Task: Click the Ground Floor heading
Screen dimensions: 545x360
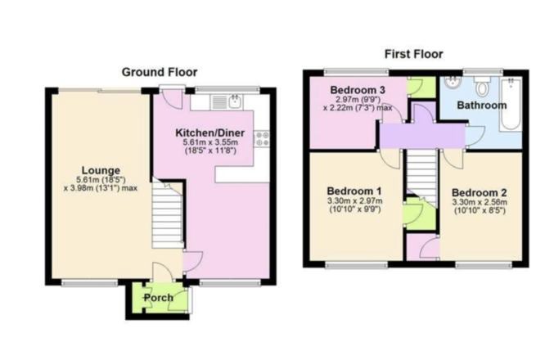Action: coord(160,72)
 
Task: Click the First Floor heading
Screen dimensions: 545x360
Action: coord(413,54)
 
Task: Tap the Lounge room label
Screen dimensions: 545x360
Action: coord(101,170)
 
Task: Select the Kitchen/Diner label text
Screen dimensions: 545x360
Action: coord(210,133)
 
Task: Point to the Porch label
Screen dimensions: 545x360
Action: coord(159,298)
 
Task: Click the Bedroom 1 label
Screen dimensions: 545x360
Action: coord(354,191)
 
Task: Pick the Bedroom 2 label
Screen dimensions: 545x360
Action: coord(480,192)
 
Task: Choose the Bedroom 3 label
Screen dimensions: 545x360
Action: coord(358,90)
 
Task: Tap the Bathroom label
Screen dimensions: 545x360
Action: coord(482,106)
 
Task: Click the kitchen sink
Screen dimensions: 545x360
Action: coord(227,102)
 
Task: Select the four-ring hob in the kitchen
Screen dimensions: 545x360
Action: coord(262,139)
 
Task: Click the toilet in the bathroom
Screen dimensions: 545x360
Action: coord(482,86)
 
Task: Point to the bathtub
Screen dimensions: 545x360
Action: coord(511,104)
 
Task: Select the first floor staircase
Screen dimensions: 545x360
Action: coord(421,178)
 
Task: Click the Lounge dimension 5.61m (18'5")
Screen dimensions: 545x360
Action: coord(101,180)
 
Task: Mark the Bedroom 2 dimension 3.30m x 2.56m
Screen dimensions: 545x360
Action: coord(480,202)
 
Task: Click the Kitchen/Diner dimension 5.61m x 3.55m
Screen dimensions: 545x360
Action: coord(210,142)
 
